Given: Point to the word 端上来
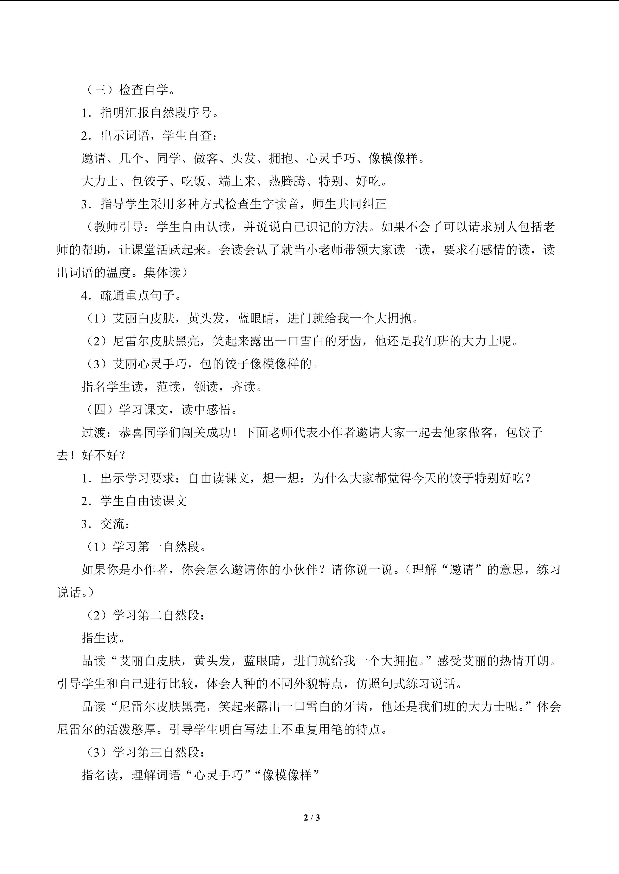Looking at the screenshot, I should point(237,182).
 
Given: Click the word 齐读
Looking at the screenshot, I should point(243,387).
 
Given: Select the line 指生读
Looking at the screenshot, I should point(103,638).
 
